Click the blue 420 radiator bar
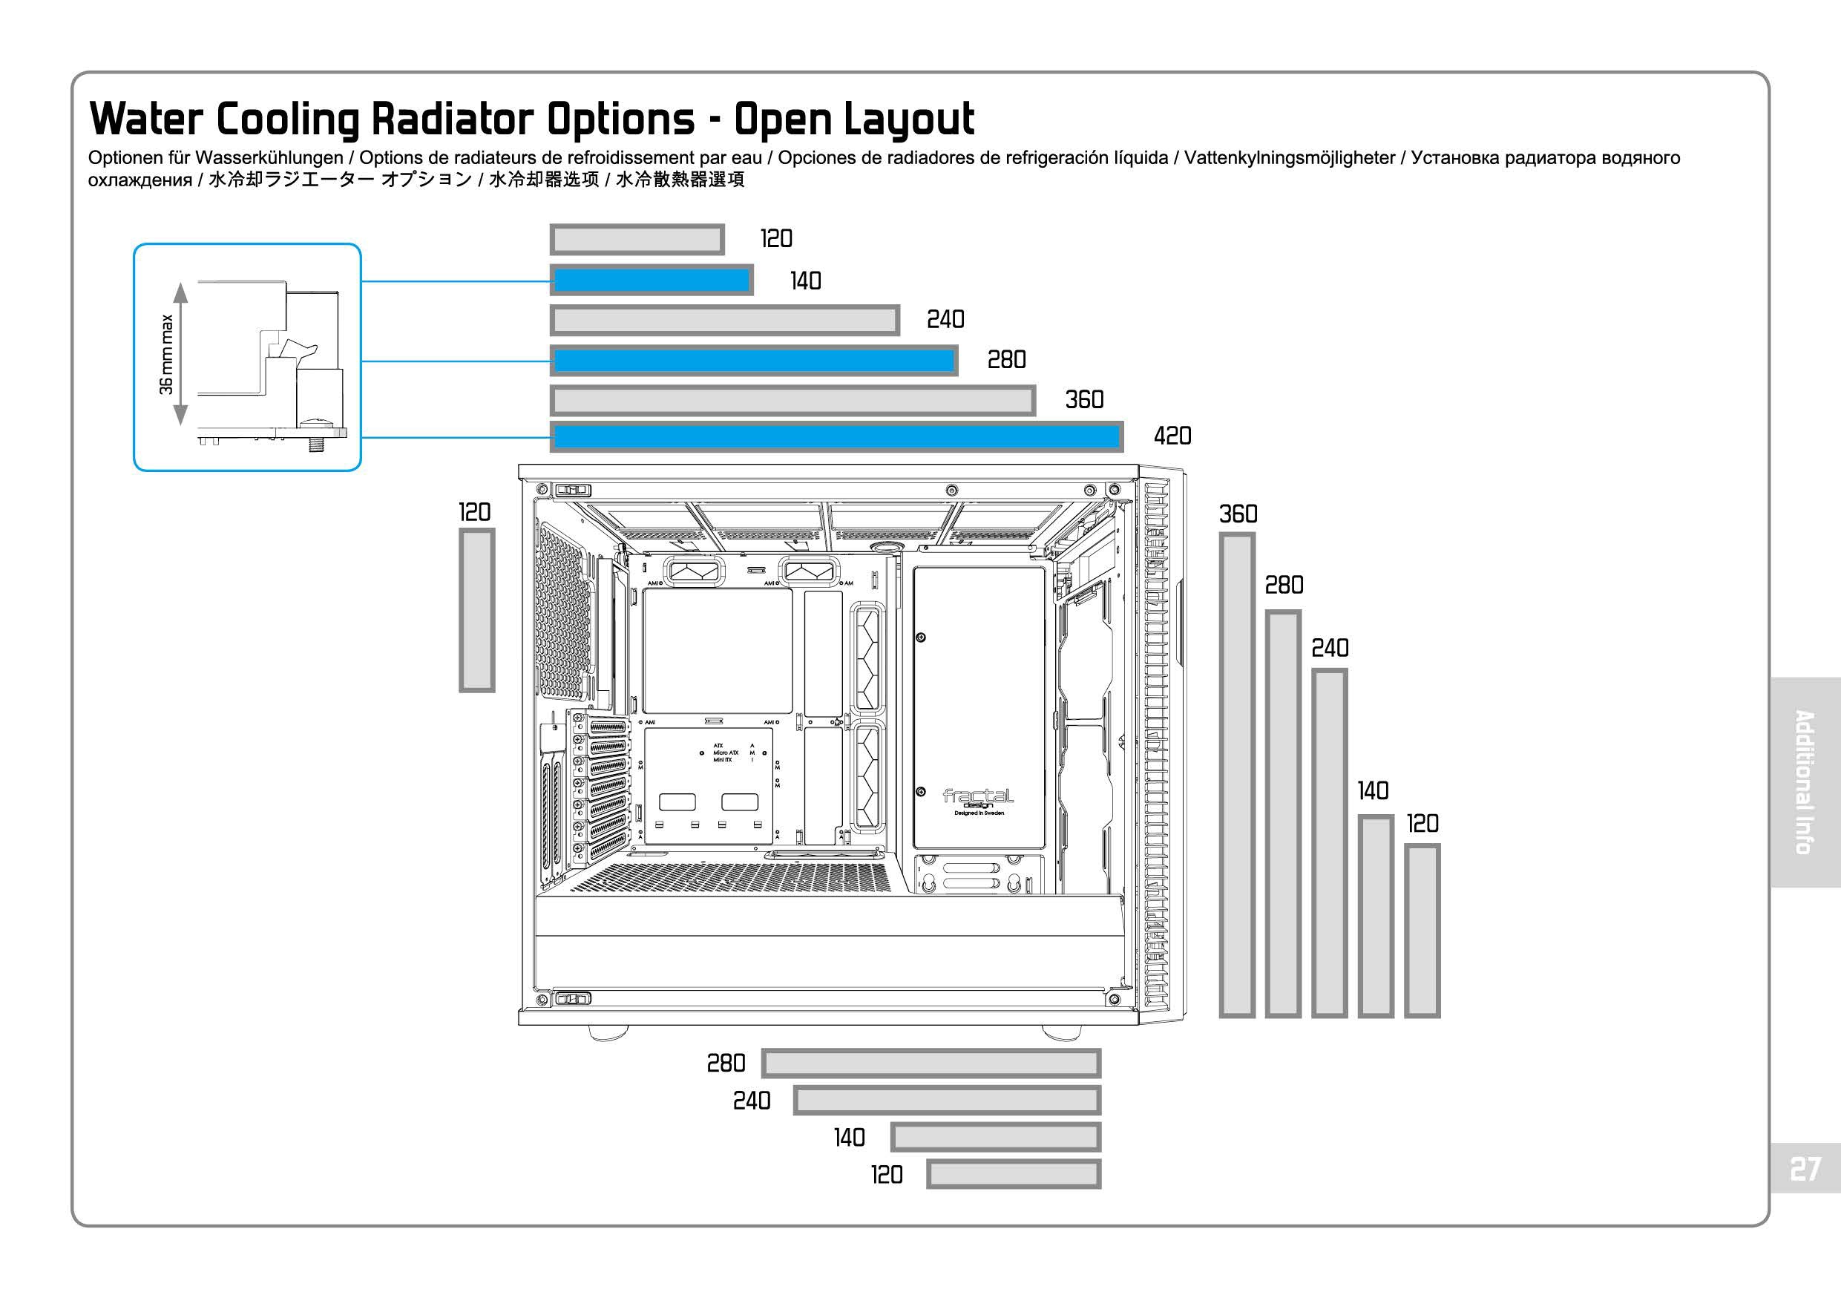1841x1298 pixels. tap(836, 437)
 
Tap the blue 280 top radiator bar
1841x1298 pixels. tap(754, 361)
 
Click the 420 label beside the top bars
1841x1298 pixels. tap(1172, 436)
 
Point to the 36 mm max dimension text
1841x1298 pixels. tap(166, 353)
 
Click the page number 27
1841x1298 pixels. tap(1804, 1169)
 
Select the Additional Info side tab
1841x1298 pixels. tap(1804, 781)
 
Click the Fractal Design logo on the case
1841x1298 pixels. tap(978, 799)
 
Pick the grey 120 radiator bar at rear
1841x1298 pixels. tap(476, 609)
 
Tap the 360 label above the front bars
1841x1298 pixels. tap(1238, 514)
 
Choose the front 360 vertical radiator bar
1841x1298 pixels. tap(1237, 775)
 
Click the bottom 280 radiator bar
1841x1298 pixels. tap(931, 1063)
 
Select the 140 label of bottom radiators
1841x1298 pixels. tap(849, 1138)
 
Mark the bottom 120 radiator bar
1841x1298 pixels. tap(1014, 1175)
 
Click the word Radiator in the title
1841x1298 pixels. tap(452, 119)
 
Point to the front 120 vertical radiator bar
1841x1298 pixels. tap(1422, 930)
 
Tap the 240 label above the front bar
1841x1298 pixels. tap(1330, 648)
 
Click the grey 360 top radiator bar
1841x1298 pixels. tap(792, 400)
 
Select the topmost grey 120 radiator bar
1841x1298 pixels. tap(637, 240)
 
